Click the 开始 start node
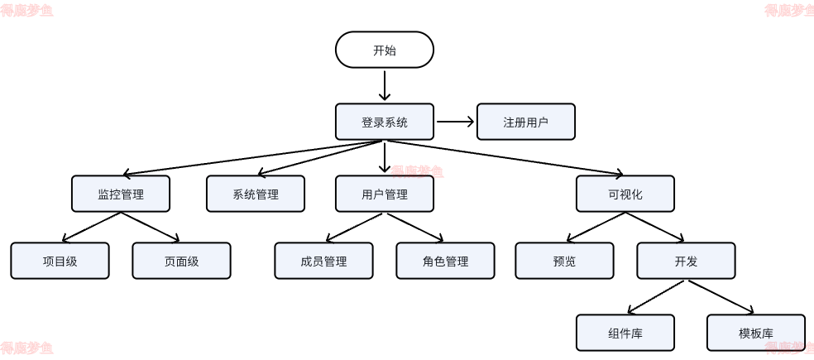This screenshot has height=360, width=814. point(385,50)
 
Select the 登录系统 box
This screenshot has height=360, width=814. point(385,122)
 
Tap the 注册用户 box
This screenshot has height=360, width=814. point(526,122)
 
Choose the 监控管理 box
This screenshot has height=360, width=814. point(121,194)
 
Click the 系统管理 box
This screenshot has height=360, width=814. point(256,194)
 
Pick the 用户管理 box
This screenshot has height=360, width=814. point(385,194)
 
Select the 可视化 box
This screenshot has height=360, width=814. point(625,194)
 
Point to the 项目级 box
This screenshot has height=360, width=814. point(60,261)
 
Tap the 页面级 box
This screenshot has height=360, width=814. point(181,261)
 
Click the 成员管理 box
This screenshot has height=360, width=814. point(323,261)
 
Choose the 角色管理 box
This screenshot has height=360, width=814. point(445,261)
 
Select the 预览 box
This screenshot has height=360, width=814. point(564,261)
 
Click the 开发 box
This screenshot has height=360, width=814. point(686,261)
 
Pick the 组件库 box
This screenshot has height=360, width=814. point(625,333)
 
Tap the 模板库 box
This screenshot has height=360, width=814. point(756,333)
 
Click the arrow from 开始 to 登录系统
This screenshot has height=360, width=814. point(385,85)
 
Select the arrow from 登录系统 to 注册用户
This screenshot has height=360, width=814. point(455,122)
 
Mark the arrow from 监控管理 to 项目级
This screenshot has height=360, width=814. point(91,227)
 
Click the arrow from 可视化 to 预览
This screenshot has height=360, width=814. point(596,227)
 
